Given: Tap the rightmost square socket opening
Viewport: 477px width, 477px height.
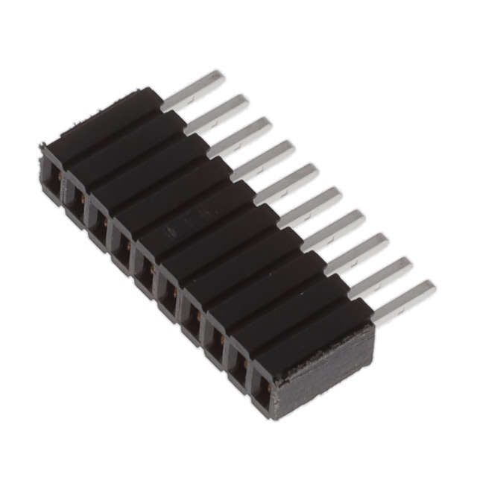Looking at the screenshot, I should (261, 385).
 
